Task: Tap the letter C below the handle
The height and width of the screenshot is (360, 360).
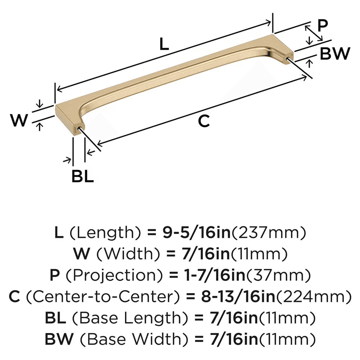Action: [203, 121]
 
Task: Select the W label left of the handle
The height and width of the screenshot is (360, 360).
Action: [18, 120]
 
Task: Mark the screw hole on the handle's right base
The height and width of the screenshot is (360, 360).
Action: [288, 58]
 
